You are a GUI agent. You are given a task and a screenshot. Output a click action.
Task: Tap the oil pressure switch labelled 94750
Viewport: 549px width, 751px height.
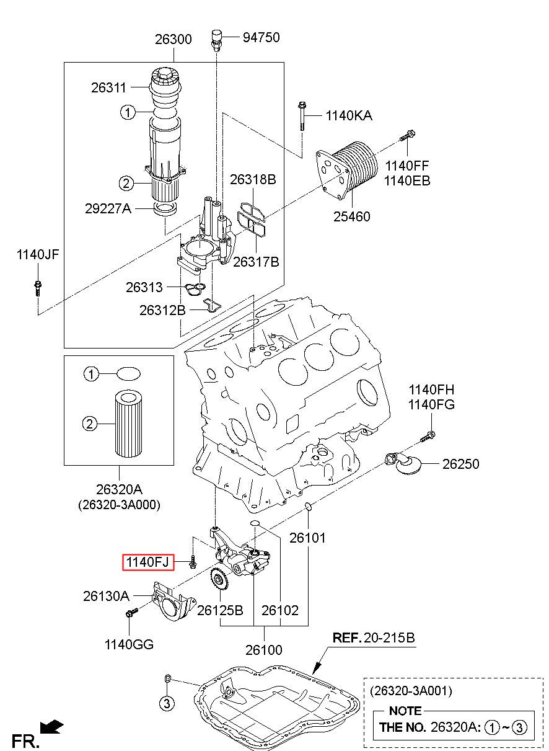point(217,40)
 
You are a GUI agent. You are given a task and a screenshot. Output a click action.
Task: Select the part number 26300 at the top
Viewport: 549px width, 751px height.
point(173,39)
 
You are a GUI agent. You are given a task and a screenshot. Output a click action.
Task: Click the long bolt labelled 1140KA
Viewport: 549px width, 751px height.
point(302,116)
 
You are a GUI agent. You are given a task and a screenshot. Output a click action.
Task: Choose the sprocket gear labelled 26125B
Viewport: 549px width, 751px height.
point(220,582)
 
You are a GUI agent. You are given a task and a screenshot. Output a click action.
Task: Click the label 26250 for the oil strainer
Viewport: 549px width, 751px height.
point(460,464)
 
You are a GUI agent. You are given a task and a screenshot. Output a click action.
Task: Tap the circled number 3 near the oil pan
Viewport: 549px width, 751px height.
point(167,703)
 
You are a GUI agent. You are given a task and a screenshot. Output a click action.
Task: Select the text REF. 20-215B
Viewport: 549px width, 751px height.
point(374,638)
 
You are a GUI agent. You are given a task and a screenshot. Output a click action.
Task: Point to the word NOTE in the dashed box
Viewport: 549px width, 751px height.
point(405,711)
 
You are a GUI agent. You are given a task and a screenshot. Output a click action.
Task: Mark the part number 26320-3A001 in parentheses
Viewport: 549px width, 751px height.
point(411,691)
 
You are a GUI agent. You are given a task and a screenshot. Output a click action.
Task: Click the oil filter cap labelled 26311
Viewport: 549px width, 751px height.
point(165,84)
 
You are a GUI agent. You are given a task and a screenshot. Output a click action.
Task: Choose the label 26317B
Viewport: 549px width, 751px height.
point(256,262)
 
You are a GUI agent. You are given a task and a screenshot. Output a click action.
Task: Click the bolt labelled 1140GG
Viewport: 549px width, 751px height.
point(131,612)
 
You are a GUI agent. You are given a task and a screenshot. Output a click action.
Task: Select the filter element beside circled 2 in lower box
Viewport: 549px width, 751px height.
point(128,424)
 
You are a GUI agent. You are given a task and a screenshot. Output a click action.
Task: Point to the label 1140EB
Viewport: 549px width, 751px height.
point(407,180)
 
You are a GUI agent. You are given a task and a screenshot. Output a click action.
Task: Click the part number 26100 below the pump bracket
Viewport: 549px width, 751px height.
point(264,650)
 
